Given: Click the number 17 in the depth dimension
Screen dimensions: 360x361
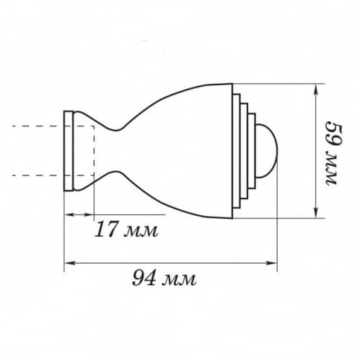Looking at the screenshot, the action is (x=106, y=229).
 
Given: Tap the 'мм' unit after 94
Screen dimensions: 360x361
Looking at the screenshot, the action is (x=180, y=280).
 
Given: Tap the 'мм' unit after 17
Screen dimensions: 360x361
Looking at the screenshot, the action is (x=141, y=232).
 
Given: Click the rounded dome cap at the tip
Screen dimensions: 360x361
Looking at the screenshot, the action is (x=267, y=151).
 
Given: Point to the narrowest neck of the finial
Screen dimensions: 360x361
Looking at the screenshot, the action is (x=117, y=151).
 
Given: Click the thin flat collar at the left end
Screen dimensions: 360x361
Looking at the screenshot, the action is (x=68, y=151).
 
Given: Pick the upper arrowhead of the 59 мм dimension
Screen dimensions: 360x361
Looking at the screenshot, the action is (x=316, y=88).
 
